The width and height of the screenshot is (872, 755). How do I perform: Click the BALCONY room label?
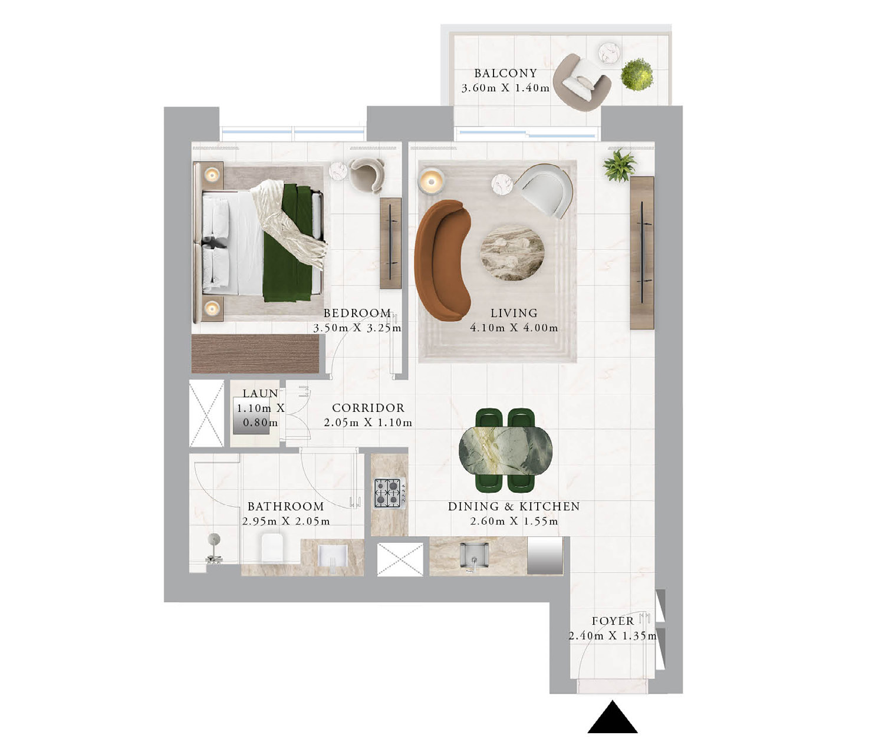point(505,74)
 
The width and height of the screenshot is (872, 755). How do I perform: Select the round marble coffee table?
point(512,252)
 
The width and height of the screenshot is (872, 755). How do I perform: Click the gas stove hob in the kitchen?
point(390,493)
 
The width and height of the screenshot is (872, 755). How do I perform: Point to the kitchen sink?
point(475,555)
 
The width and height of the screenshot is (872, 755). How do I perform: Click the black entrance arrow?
point(613,717)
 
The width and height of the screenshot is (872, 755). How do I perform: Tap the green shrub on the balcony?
point(637,75)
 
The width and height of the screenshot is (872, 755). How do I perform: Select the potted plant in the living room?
point(619,166)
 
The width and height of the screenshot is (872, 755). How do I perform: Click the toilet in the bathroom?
point(272,548)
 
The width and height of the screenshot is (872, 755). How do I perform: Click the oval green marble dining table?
point(505,450)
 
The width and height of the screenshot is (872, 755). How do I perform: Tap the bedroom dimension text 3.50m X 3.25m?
point(357,328)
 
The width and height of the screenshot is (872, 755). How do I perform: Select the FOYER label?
point(613,621)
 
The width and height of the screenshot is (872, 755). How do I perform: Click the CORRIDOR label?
point(368,408)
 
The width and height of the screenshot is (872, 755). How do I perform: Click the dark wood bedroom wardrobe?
point(255,354)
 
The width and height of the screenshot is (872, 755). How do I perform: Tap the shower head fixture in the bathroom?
point(215,548)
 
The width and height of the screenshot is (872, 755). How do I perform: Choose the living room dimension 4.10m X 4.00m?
point(514,328)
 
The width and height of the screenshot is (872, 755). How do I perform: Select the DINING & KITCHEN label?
point(514,506)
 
